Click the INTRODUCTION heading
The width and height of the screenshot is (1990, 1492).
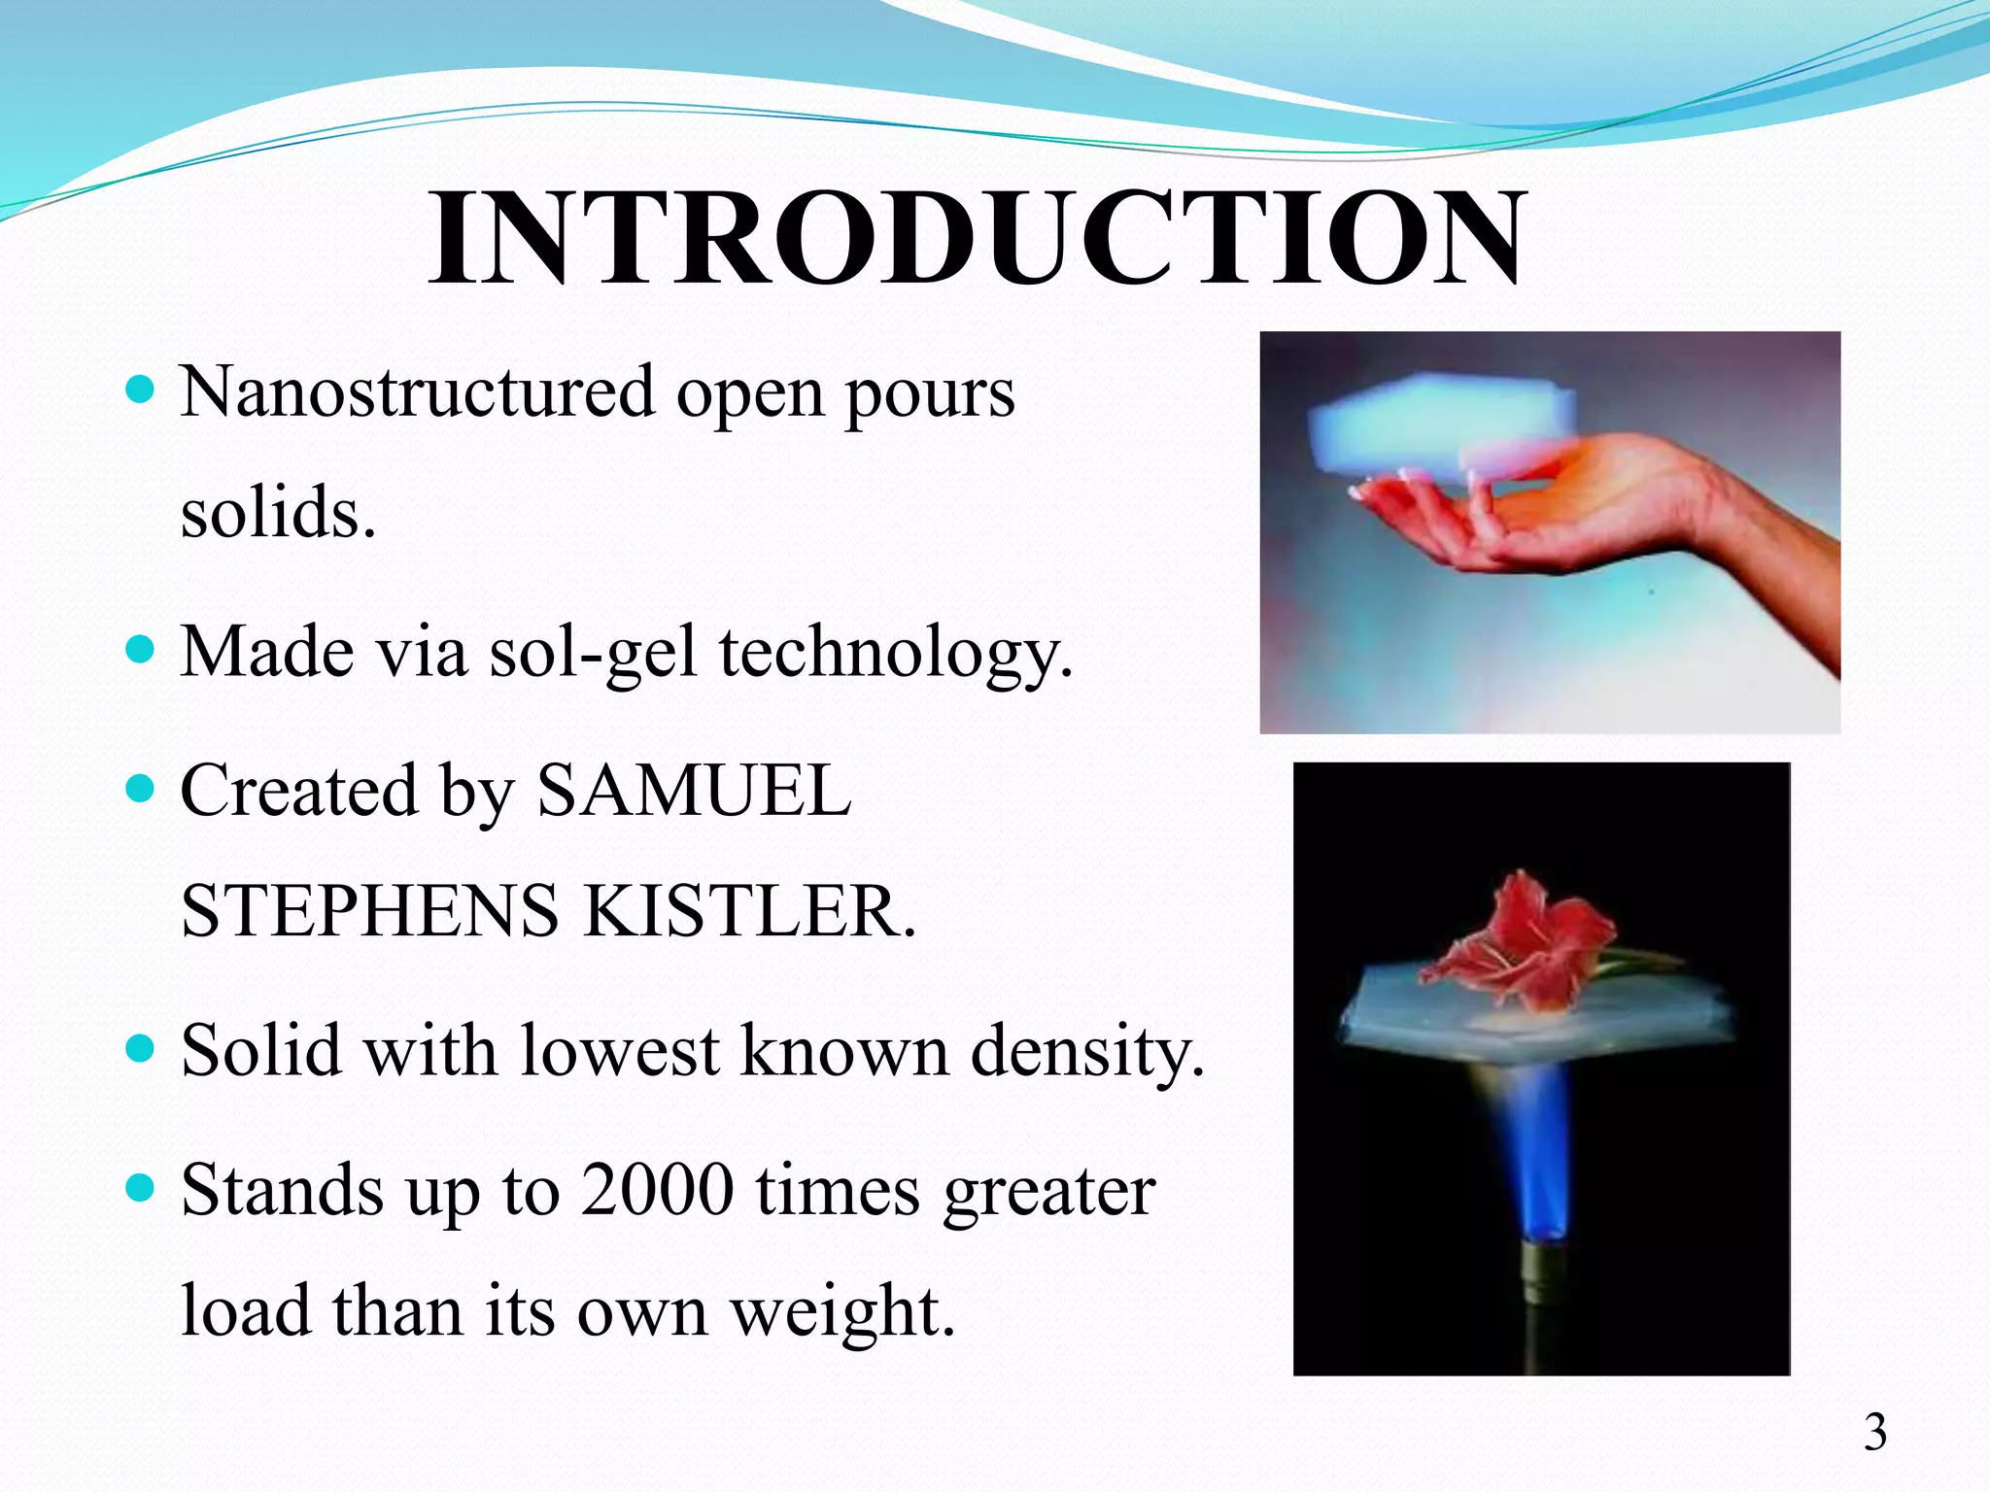tap(978, 239)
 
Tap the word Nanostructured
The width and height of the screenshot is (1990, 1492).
tap(418, 392)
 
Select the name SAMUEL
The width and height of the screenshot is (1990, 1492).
tap(694, 791)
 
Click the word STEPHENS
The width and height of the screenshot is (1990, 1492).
tap(369, 912)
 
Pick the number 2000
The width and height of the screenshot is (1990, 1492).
tap(657, 1190)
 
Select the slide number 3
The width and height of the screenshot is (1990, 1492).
tap(1874, 1433)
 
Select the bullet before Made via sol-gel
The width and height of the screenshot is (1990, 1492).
tap(141, 649)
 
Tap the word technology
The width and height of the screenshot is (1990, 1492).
tap(895, 653)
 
